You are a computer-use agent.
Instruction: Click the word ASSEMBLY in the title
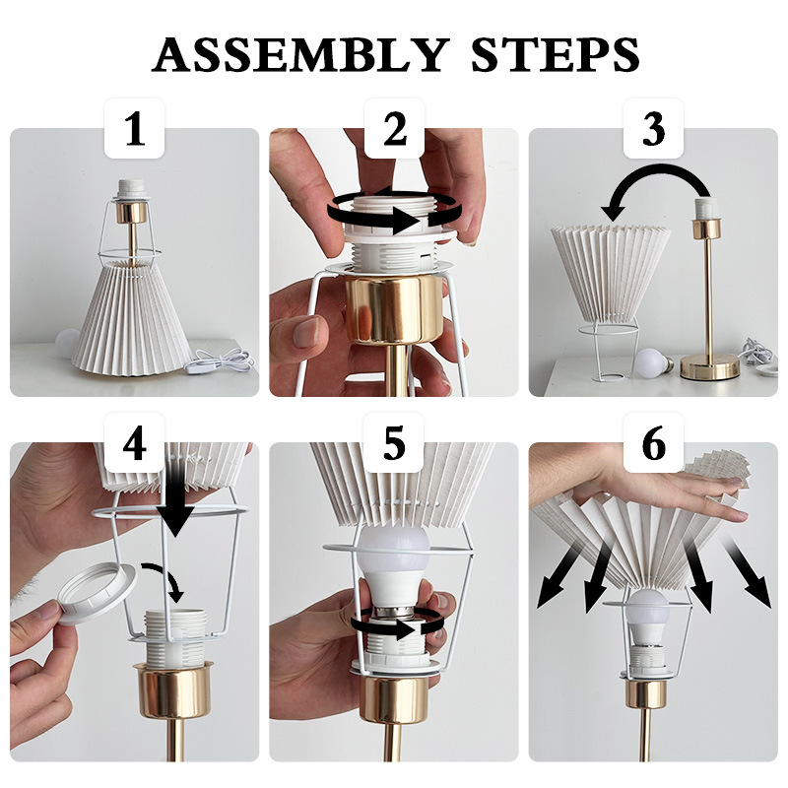click(300, 54)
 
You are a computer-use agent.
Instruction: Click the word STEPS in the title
click(556, 54)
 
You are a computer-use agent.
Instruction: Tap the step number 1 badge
click(134, 129)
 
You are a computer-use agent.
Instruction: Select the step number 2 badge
click(395, 129)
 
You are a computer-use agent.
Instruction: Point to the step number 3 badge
click(653, 129)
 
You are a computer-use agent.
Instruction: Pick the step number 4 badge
click(134, 442)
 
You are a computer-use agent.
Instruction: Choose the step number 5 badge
click(394, 442)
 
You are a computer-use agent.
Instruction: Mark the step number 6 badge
click(653, 442)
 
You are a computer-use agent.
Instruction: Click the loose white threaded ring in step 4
click(97, 592)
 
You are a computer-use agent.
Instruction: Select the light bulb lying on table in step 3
click(653, 363)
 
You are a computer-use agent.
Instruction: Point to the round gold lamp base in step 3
click(709, 365)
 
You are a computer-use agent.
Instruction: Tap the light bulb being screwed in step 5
click(395, 565)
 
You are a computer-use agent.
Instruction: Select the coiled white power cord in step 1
click(220, 361)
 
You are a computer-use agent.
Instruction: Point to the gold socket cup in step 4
click(173, 690)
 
